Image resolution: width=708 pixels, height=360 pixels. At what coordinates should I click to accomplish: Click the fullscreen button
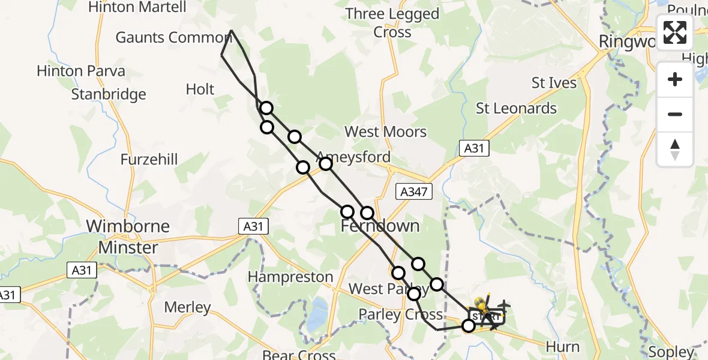tap(675, 32)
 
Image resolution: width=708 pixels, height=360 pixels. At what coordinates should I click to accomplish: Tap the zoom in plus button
tap(675, 79)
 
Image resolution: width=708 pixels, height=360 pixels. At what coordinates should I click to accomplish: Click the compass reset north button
tap(675, 149)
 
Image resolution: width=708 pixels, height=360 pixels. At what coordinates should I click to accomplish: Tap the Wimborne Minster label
tap(128, 237)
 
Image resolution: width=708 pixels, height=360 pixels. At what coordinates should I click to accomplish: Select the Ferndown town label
tap(380, 226)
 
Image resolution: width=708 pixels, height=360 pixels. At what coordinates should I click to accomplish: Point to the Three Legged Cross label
tap(392, 23)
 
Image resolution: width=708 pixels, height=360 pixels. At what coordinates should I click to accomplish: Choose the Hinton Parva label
tap(81, 71)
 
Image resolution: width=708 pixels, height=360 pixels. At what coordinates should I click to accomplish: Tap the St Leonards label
tap(516, 109)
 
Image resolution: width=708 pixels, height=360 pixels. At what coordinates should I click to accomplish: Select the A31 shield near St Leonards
tap(474, 148)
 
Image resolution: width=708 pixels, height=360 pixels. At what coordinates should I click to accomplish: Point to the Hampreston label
tap(290, 277)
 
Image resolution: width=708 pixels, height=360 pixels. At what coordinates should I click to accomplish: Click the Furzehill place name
tap(149, 160)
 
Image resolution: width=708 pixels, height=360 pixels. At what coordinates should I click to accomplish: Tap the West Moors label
tap(385, 132)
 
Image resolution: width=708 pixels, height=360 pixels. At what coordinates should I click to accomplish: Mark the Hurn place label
tap(563, 347)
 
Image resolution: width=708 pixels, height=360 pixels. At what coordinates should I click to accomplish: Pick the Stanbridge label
tap(109, 94)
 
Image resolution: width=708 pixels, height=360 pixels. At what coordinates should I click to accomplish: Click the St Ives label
tap(554, 83)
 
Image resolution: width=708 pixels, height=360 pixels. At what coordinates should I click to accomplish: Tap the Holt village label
tap(200, 89)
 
